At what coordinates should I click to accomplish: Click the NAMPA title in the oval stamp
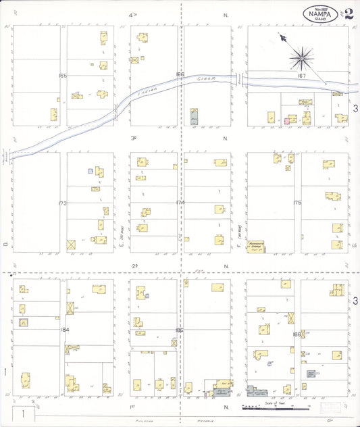click(x=322, y=12)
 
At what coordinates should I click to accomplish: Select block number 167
click(x=302, y=76)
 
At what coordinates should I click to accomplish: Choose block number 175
click(x=297, y=203)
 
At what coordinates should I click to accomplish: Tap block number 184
click(x=64, y=329)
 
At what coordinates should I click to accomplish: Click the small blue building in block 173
click(x=91, y=171)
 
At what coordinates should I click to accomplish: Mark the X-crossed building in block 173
click(x=71, y=245)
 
